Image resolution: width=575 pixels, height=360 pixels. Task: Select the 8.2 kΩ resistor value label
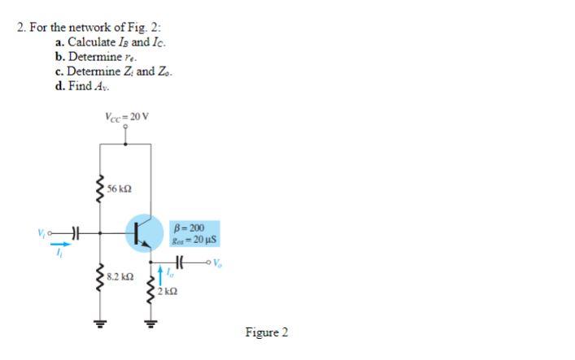(x=120, y=276)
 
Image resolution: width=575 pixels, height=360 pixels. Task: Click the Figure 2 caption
(x=266, y=332)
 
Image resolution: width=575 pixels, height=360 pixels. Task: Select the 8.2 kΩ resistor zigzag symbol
(x=100, y=276)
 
